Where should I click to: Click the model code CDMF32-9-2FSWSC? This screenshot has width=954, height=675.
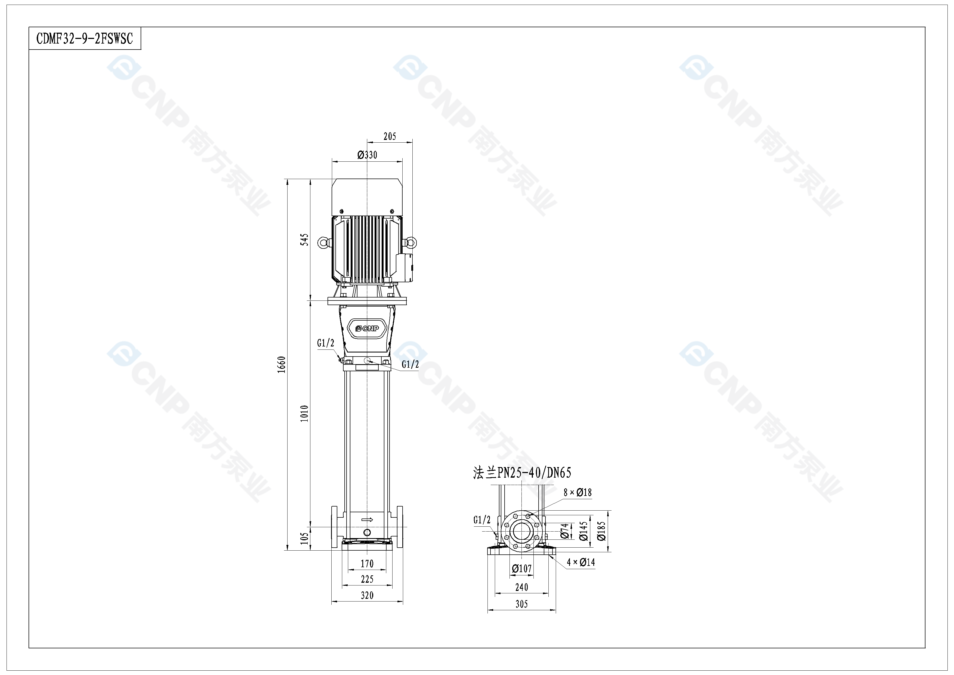[85, 39]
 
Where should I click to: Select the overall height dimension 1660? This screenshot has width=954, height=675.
[282, 364]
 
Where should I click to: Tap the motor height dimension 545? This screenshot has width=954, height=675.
[305, 240]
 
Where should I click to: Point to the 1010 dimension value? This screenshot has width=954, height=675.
[305, 413]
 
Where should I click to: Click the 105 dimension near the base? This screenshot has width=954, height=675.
[305, 538]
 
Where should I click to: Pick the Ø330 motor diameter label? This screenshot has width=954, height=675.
[367, 155]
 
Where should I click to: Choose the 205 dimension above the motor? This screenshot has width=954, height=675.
[390, 136]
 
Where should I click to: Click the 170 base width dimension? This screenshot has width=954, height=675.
[367, 564]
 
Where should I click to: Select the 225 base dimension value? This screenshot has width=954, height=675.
[367, 579]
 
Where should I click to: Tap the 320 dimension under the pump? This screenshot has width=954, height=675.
[367, 595]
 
